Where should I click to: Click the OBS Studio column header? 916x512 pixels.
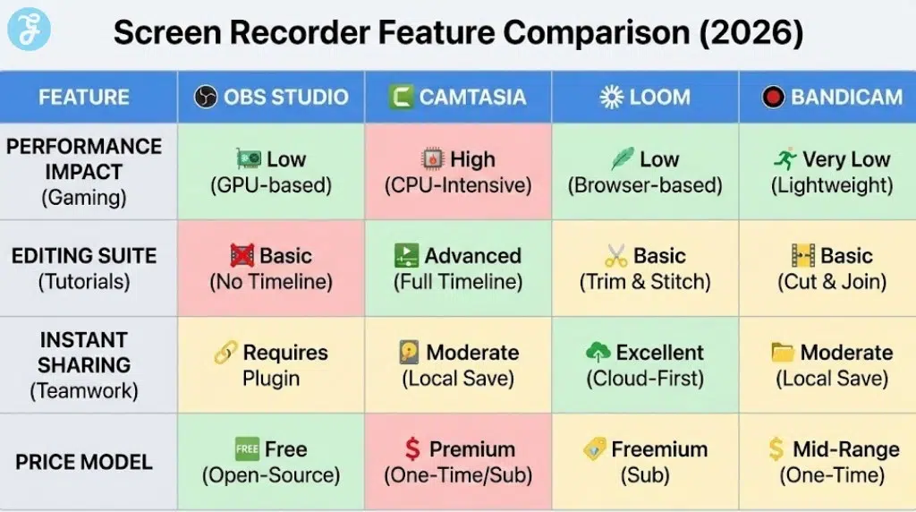[x=271, y=97]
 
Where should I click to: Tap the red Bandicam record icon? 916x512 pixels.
[x=773, y=97]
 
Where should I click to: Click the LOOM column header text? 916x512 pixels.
[x=659, y=97]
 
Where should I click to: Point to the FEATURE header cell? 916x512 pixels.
[x=84, y=97]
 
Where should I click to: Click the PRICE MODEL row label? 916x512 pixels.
[x=84, y=463]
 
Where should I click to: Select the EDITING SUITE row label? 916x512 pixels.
[x=84, y=268]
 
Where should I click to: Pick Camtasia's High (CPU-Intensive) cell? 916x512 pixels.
[x=458, y=172]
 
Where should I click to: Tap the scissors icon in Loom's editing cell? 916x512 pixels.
[x=615, y=256]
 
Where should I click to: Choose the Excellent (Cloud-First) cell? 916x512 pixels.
[x=645, y=364]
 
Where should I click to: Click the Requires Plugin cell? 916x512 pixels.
[x=271, y=364]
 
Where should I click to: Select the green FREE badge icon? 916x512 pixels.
[x=246, y=449]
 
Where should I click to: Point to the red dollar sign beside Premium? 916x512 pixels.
[x=411, y=449]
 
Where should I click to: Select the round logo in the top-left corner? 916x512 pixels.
[x=29, y=30]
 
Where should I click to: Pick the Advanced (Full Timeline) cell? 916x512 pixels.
[x=458, y=268]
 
